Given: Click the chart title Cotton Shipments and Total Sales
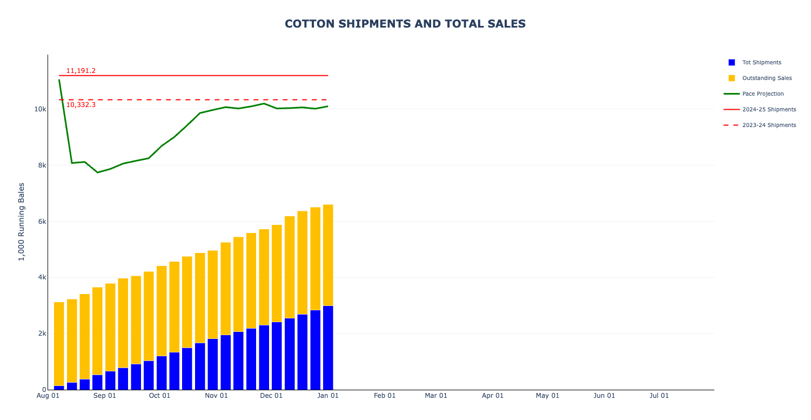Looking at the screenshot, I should click(x=405, y=24).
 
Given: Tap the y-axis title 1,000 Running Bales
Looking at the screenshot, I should click(x=22, y=222).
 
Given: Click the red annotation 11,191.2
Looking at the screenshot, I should click(x=81, y=71).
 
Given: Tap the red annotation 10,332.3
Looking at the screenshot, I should click(x=81, y=105).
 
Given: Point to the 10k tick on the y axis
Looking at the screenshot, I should click(x=40, y=109).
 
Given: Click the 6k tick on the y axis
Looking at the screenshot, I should click(x=42, y=222).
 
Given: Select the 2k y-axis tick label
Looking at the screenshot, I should click(x=42, y=334).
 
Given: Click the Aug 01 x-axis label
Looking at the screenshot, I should click(x=48, y=396).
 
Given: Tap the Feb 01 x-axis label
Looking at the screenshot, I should click(x=385, y=396).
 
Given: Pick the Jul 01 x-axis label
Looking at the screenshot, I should click(x=659, y=396).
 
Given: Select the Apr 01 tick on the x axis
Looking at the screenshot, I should click(x=492, y=396).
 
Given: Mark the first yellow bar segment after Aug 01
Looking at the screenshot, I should click(x=59, y=344).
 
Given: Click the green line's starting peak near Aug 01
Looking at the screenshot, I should click(x=59, y=80).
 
